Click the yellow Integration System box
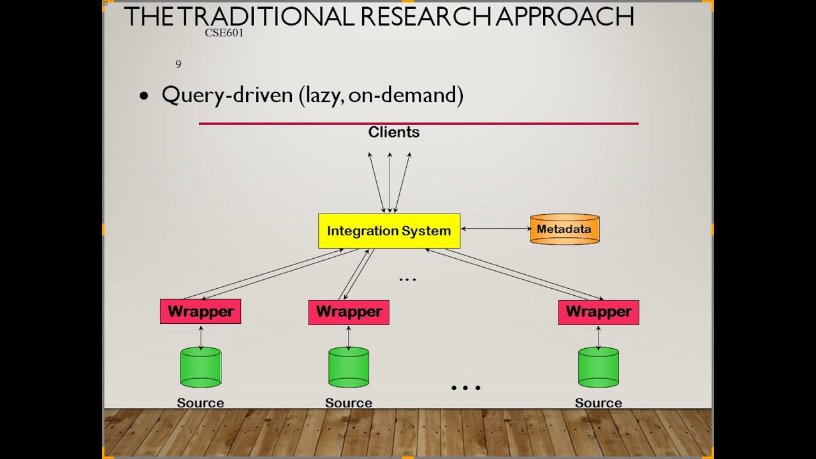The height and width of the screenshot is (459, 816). click(x=389, y=231)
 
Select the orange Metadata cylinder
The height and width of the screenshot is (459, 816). click(x=564, y=229)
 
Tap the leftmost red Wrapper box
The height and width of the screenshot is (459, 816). click(x=200, y=312)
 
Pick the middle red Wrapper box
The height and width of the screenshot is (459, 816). click(x=349, y=312)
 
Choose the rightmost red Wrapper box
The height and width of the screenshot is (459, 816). click(x=598, y=312)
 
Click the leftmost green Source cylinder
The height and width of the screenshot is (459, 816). click(x=201, y=367)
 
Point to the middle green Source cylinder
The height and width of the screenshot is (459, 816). click(x=349, y=367)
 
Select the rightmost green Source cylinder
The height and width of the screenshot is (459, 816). click(x=598, y=367)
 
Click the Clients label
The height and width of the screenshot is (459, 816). click(x=393, y=133)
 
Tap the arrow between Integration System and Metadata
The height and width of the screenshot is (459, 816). click(x=495, y=228)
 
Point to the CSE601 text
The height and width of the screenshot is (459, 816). click(x=224, y=33)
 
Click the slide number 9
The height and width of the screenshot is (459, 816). click(x=178, y=64)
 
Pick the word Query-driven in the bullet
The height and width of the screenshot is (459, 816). click(x=227, y=95)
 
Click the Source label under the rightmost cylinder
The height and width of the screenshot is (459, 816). click(x=598, y=403)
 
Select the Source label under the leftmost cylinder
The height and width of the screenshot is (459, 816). click(x=200, y=403)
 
